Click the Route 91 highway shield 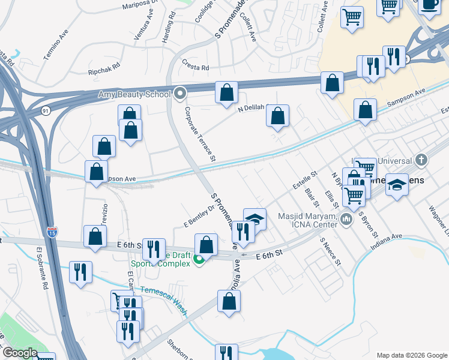[46, 110]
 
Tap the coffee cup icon [429, 4]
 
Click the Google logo [20, 353]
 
